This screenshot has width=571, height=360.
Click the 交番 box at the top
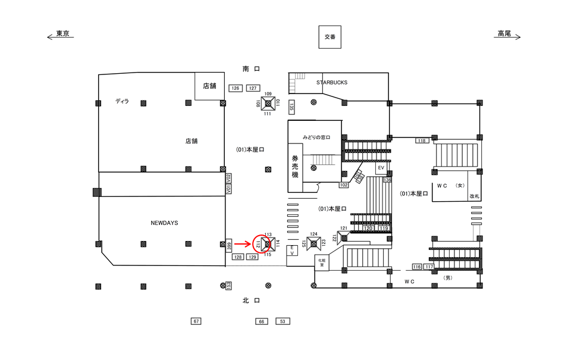[x=330, y=36]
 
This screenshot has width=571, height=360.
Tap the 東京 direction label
[x=63, y=34]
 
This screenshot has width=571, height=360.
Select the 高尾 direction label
[x=504, y=34]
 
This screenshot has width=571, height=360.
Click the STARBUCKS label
[x=332, y=83]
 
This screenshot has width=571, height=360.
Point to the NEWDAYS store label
[x=165, y=223]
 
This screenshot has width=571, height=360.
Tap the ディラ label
[x=122, y=102]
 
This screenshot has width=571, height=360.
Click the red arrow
[x=241, y=244]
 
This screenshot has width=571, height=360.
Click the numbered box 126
[x=236, y=89]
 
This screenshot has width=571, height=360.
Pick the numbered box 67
[x=196, y=321]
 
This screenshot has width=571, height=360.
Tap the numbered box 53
[x=283, y=321]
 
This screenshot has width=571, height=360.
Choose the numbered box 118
[x=422, y=140]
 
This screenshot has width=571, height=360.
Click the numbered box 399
[x=229, y=245]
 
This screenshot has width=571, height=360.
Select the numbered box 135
[x=291, y=107]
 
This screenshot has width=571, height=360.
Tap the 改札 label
[x=474, y=196]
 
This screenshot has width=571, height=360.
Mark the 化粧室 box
[x=321, y=262]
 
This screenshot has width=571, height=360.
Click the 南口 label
[x=251, y=70]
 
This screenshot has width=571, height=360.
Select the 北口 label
[x=251, y=301]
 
